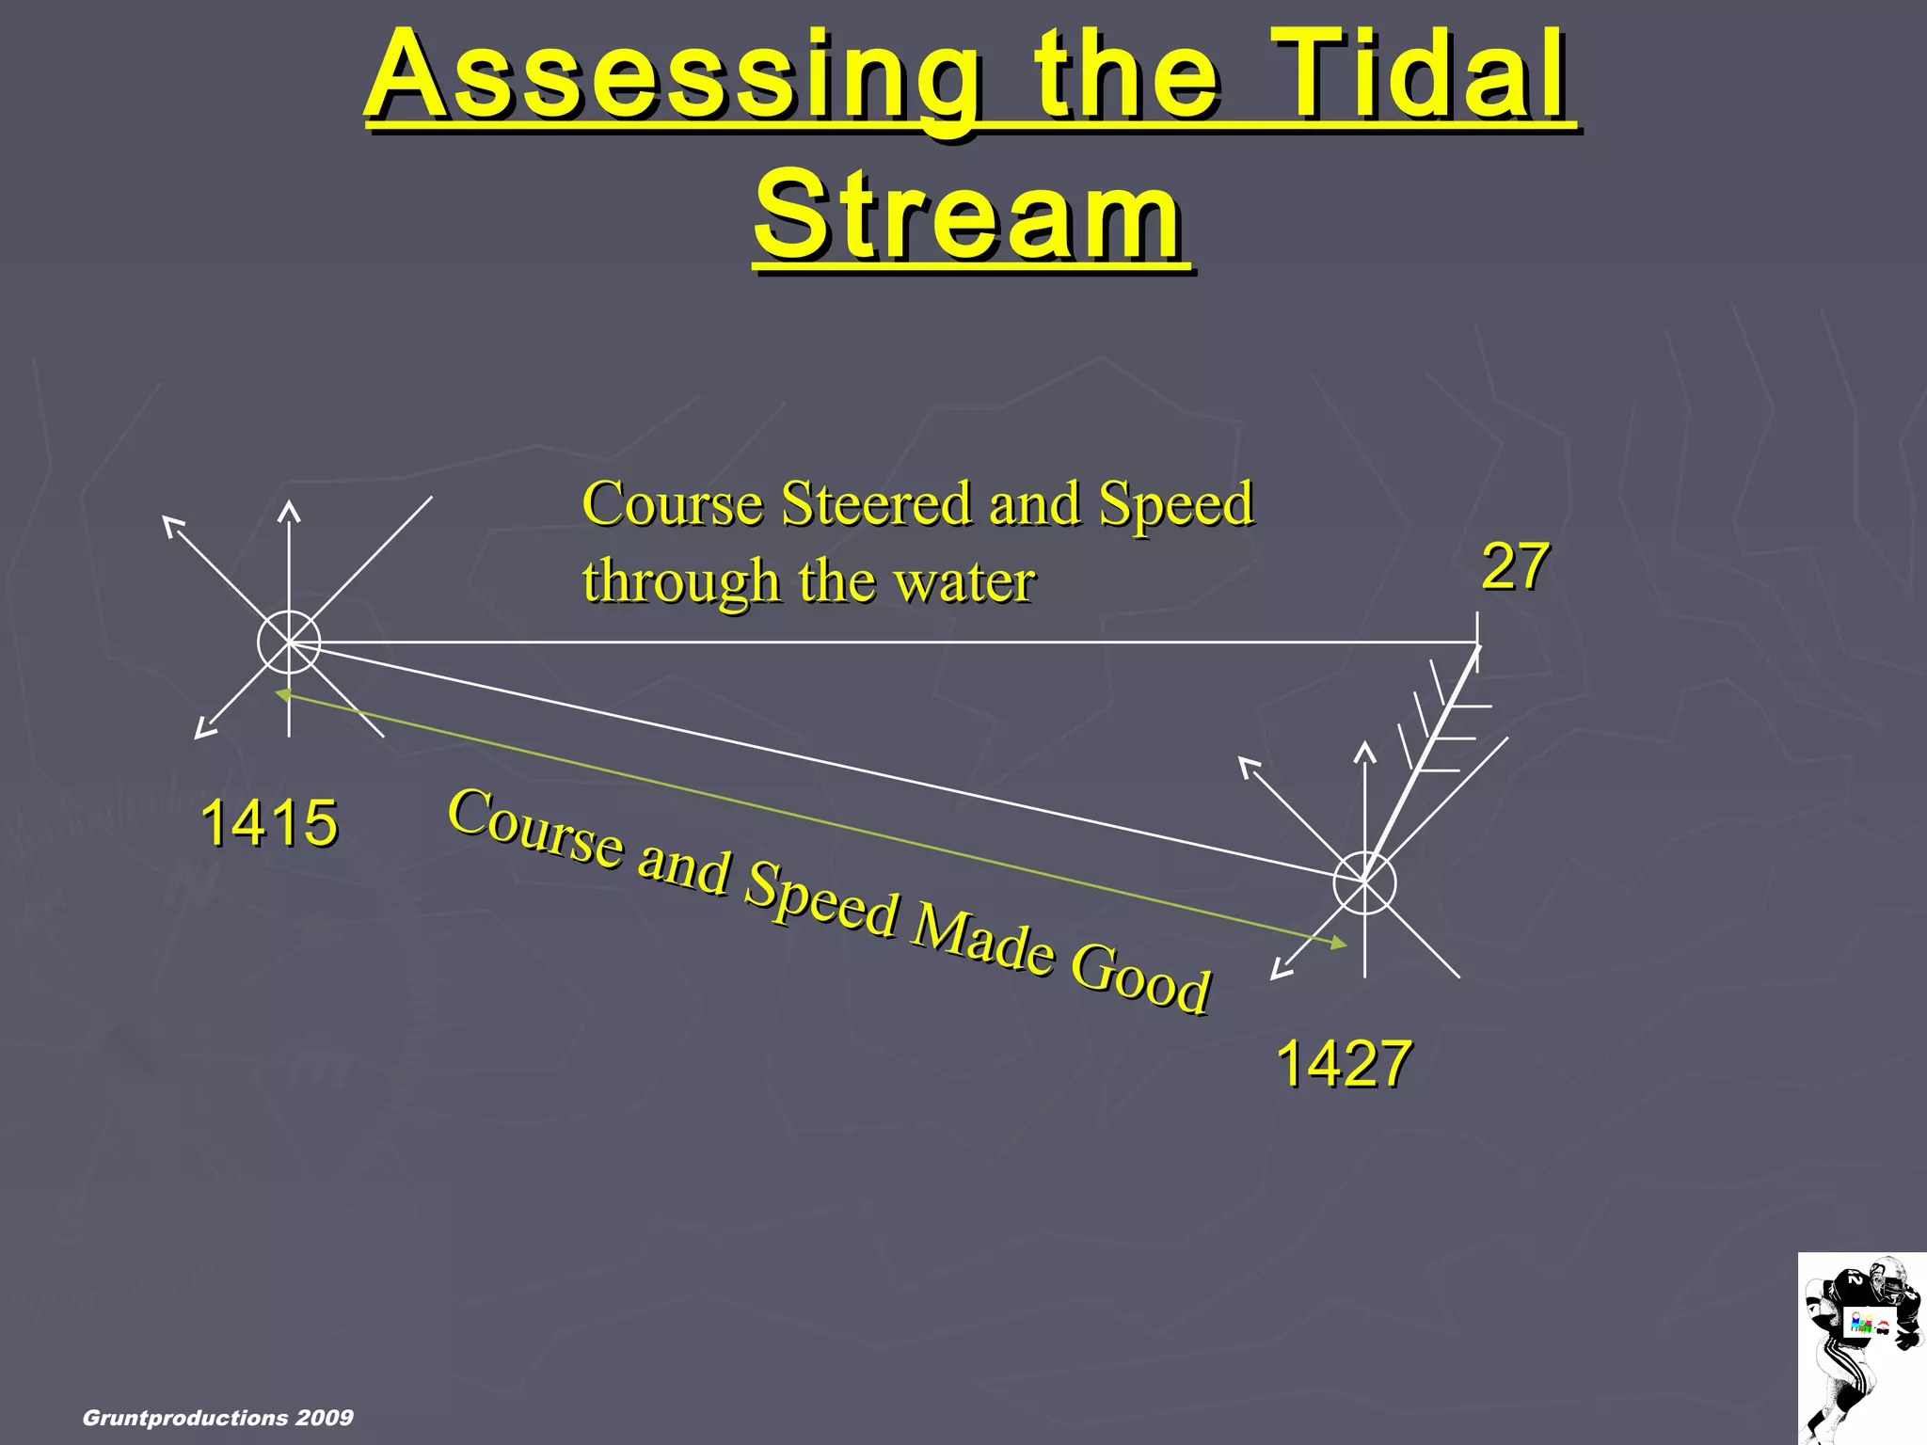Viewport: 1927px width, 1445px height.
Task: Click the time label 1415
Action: (269, 822)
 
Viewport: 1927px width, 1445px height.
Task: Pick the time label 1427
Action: (1343, 1063)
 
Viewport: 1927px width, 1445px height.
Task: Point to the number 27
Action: (1515, 566)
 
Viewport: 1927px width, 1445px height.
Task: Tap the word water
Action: (963, 580)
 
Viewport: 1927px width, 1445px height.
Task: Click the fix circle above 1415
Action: (289, 643)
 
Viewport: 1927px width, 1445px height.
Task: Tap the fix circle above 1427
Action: (1364, 882)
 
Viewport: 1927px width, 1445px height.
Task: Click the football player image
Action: (1862, 1348)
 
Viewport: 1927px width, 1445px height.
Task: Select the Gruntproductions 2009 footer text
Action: (218, 1418)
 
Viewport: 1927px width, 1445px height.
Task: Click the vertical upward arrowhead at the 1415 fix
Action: (289, 511)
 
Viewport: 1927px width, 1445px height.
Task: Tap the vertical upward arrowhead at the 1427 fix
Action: (1364, 751)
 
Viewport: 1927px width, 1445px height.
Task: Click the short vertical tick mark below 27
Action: (1477, 642)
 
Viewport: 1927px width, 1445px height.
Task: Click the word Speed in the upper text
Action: (1176, 503)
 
